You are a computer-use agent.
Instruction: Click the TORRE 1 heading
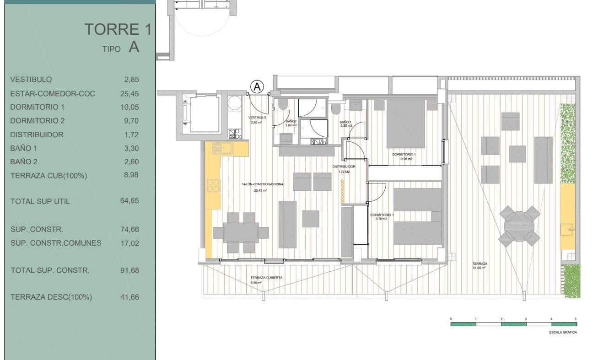[118, 29]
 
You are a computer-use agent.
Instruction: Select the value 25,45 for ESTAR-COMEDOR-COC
[129, 94]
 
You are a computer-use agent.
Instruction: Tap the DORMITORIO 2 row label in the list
[37, 121]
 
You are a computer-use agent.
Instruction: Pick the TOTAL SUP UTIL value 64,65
[129, 201]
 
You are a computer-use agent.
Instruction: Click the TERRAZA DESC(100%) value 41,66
[129, 297]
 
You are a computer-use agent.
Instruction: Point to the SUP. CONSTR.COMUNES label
[56, 243]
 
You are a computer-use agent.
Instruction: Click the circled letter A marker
[258, 86]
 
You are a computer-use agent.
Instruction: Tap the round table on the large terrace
[519, 226]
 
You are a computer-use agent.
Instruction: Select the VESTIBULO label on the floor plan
[257, 118]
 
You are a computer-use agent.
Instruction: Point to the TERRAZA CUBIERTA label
[266, 278]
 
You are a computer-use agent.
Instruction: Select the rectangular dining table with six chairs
[240, 232]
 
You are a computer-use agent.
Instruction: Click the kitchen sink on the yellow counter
[226, 148]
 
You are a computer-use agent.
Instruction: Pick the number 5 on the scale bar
[575, 318]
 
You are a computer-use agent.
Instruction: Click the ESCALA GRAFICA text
[563, 333]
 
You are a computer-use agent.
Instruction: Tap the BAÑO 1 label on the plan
[345, 122]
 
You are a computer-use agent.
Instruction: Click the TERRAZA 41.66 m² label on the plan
[480, 264]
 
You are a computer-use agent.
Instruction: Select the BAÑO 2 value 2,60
[131, 162]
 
